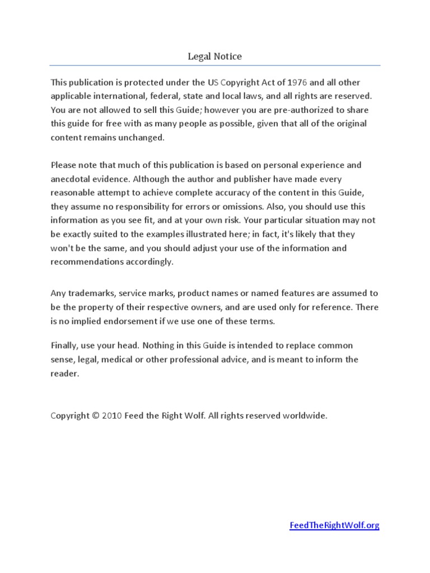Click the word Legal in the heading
pos(198,57)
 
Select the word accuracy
pos(254,192)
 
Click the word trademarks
pos(87,293)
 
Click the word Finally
pos(64,345)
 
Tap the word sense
pos(62,359)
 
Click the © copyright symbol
pos(96,416)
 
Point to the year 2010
pos(112,416)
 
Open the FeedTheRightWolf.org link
pos(334,525)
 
